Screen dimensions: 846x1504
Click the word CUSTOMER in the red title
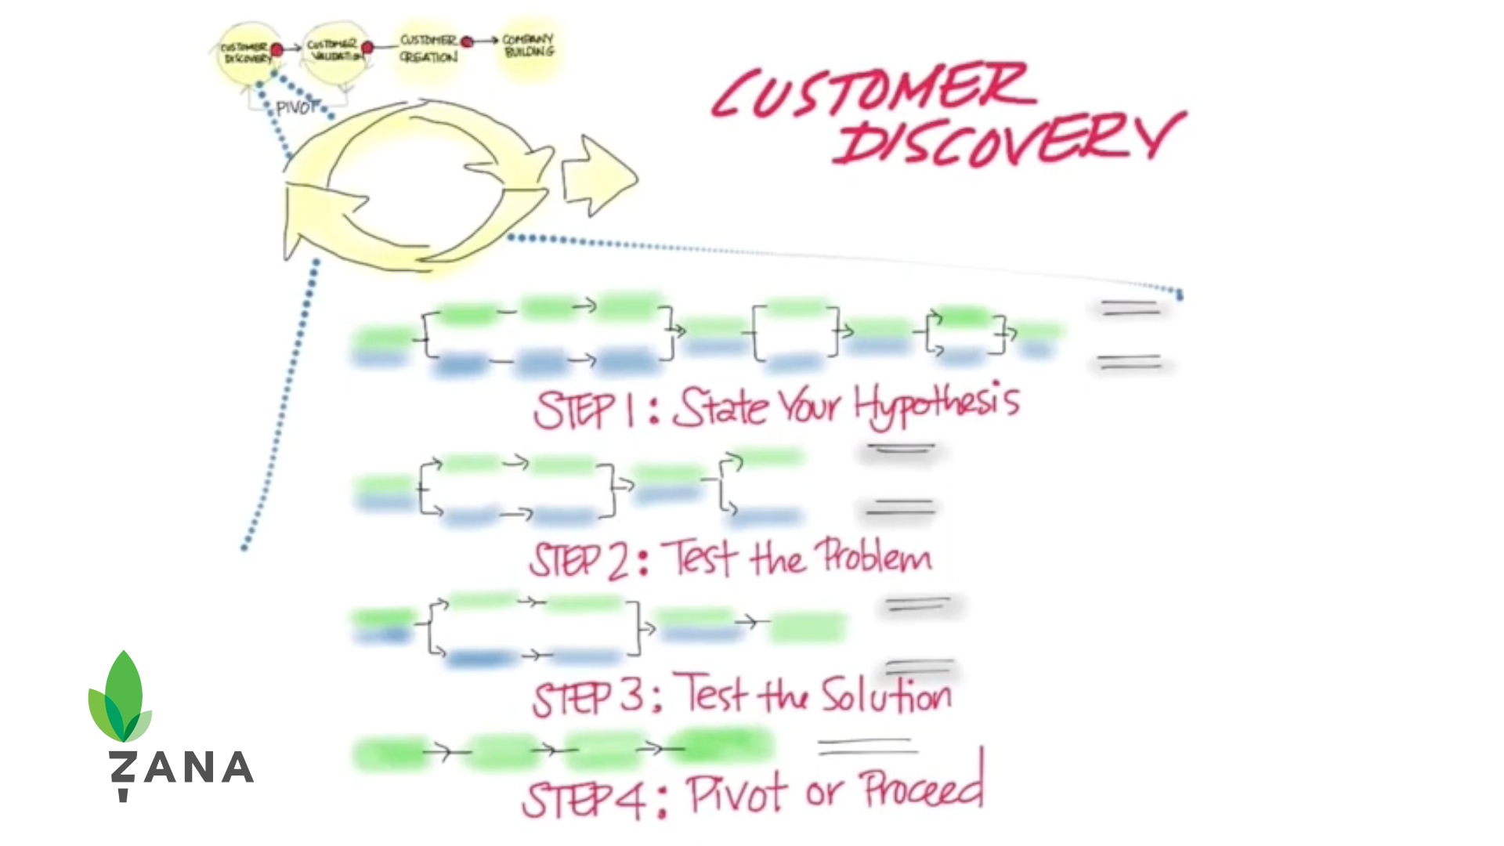coord(873,92)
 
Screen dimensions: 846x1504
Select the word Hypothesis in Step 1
coord(936,405)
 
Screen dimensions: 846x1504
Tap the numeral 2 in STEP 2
coord(618,561)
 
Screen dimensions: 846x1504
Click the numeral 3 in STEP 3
coord(633,696)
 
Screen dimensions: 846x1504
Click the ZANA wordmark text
coord(182,768)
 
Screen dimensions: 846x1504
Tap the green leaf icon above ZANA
coord(121,697)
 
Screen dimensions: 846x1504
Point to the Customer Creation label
coord(428,49)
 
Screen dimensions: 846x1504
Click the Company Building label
coord(529,45)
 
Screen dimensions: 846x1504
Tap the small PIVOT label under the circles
coord(297,107)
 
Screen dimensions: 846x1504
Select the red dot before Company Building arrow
coord(467,42)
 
